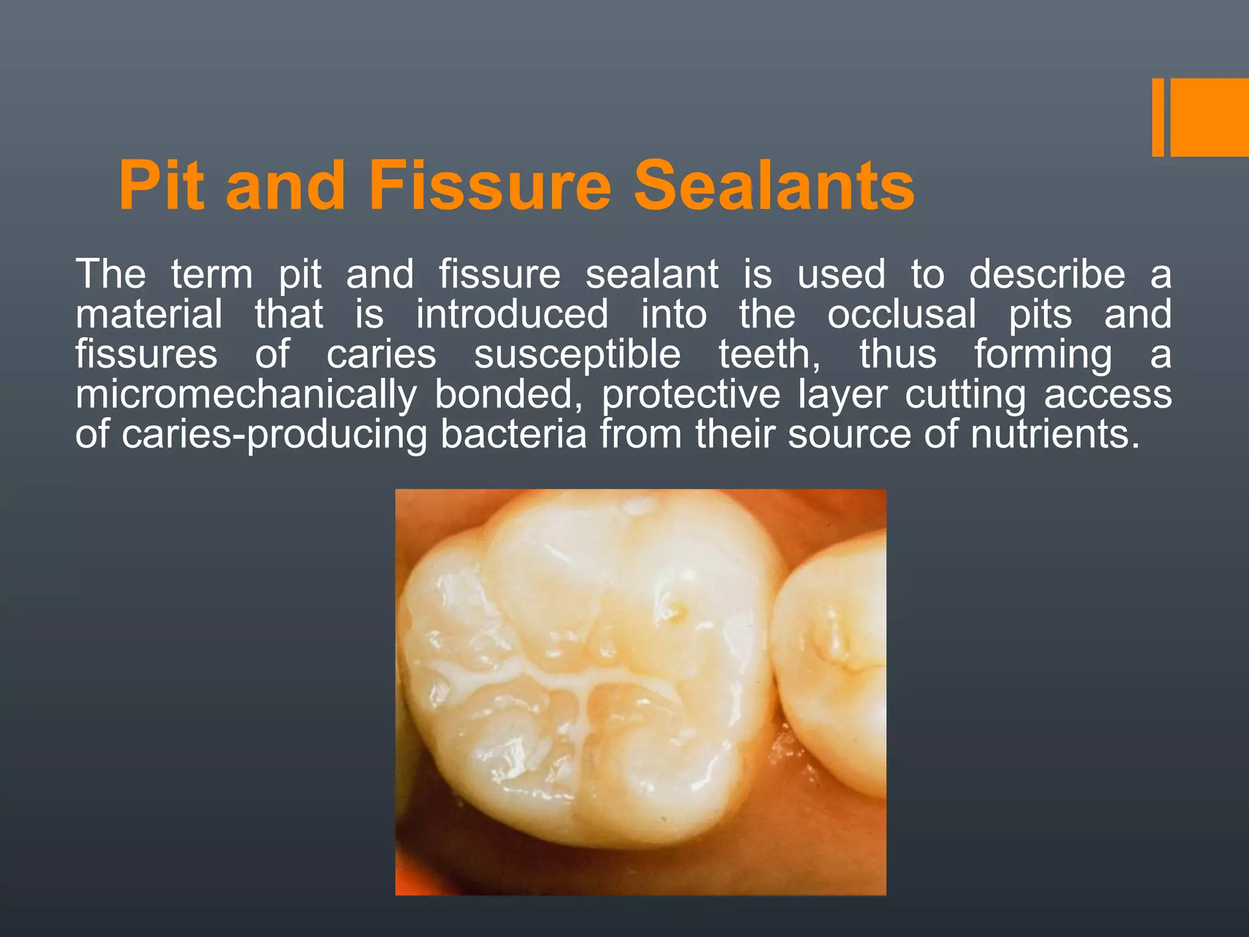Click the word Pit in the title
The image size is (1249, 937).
[161, 185]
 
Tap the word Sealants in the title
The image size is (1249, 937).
[774, 185]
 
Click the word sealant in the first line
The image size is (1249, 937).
[652, 275]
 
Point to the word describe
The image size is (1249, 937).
[1047, 275]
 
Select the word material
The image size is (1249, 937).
[149, 315]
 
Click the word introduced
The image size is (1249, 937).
[512, 315]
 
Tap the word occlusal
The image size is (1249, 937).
[902, 315]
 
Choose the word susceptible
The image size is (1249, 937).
[577, 355]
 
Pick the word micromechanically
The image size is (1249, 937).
[246, 395]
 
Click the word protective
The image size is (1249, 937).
[691, 395]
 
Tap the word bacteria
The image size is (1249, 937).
[514, 436]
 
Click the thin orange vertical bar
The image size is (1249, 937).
[1158, 117]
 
